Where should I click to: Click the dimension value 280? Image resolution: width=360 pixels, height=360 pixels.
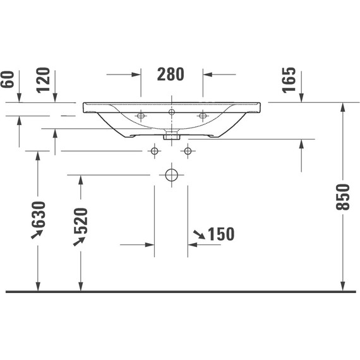[x=171, y=75]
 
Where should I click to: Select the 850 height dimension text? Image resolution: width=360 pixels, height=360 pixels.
[x=342, y=197]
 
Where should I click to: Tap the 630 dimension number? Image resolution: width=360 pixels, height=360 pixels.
[x=39, y=215]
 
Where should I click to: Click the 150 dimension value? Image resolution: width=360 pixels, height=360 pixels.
[x=220, y=234]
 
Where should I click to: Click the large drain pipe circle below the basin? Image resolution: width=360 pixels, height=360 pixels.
[x=171, y=175]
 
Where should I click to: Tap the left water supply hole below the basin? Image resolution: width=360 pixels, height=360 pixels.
[x=154, y=151]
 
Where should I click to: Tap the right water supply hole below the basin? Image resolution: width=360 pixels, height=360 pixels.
[x=187, y=151]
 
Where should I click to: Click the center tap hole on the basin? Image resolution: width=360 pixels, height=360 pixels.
[x=171, y=112]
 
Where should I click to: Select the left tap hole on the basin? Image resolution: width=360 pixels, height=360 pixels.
[x=141, y=116]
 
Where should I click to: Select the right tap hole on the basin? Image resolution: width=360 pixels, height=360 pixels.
[x=202, y=116]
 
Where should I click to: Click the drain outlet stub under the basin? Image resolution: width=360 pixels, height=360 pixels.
[x=171, y=135]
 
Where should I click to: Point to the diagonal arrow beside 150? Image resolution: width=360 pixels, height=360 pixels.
[x=198, y=235]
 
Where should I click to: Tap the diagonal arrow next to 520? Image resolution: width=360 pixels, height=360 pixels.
[x=79, y=241]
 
